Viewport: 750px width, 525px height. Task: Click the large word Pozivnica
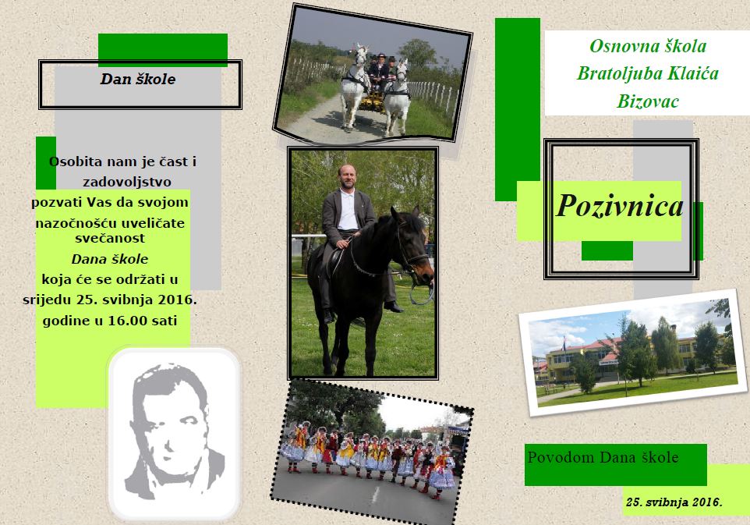[x=620, y=206]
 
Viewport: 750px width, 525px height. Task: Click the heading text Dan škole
[x=138, y=79]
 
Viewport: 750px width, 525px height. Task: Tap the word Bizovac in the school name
[x=648, y=101]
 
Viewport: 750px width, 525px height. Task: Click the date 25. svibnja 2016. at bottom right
[x=674, y=502]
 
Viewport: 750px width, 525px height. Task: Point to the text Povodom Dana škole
[x=603, y=457]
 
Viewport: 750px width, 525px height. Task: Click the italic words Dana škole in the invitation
[x=109, y=259]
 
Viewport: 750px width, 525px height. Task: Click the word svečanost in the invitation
[x=110, y=238]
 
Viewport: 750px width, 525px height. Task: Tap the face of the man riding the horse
[x=348, y=178]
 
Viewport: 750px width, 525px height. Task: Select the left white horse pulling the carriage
[x=354, y=88]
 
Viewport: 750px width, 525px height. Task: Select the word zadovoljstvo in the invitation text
[x=127, y=182]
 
